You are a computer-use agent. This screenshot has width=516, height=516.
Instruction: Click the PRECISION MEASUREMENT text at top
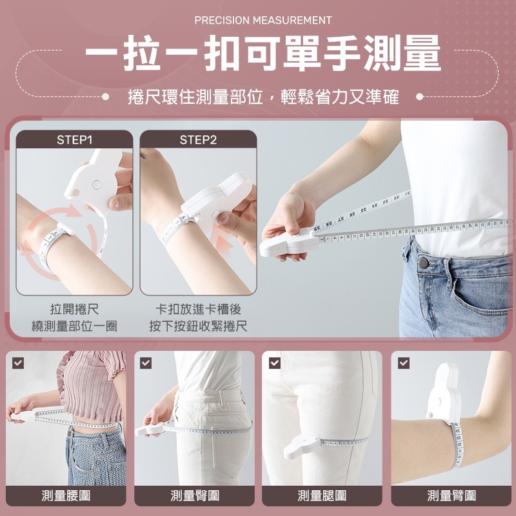263,21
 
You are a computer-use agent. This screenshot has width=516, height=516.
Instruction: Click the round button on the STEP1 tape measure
97,184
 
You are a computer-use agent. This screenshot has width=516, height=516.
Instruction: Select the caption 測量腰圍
66,495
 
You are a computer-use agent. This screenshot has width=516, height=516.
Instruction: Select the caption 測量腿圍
322,495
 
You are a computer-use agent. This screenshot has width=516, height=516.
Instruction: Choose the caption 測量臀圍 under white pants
195,495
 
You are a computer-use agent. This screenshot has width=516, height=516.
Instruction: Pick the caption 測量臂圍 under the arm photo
451,495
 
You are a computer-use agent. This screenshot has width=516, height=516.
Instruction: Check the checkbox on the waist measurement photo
18,363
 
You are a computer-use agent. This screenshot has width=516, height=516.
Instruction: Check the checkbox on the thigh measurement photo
275,363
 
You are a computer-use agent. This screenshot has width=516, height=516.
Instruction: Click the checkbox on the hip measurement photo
146,363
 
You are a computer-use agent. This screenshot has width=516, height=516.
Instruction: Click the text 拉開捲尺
75,310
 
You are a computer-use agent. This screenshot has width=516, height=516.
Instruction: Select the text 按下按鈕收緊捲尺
198,326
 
